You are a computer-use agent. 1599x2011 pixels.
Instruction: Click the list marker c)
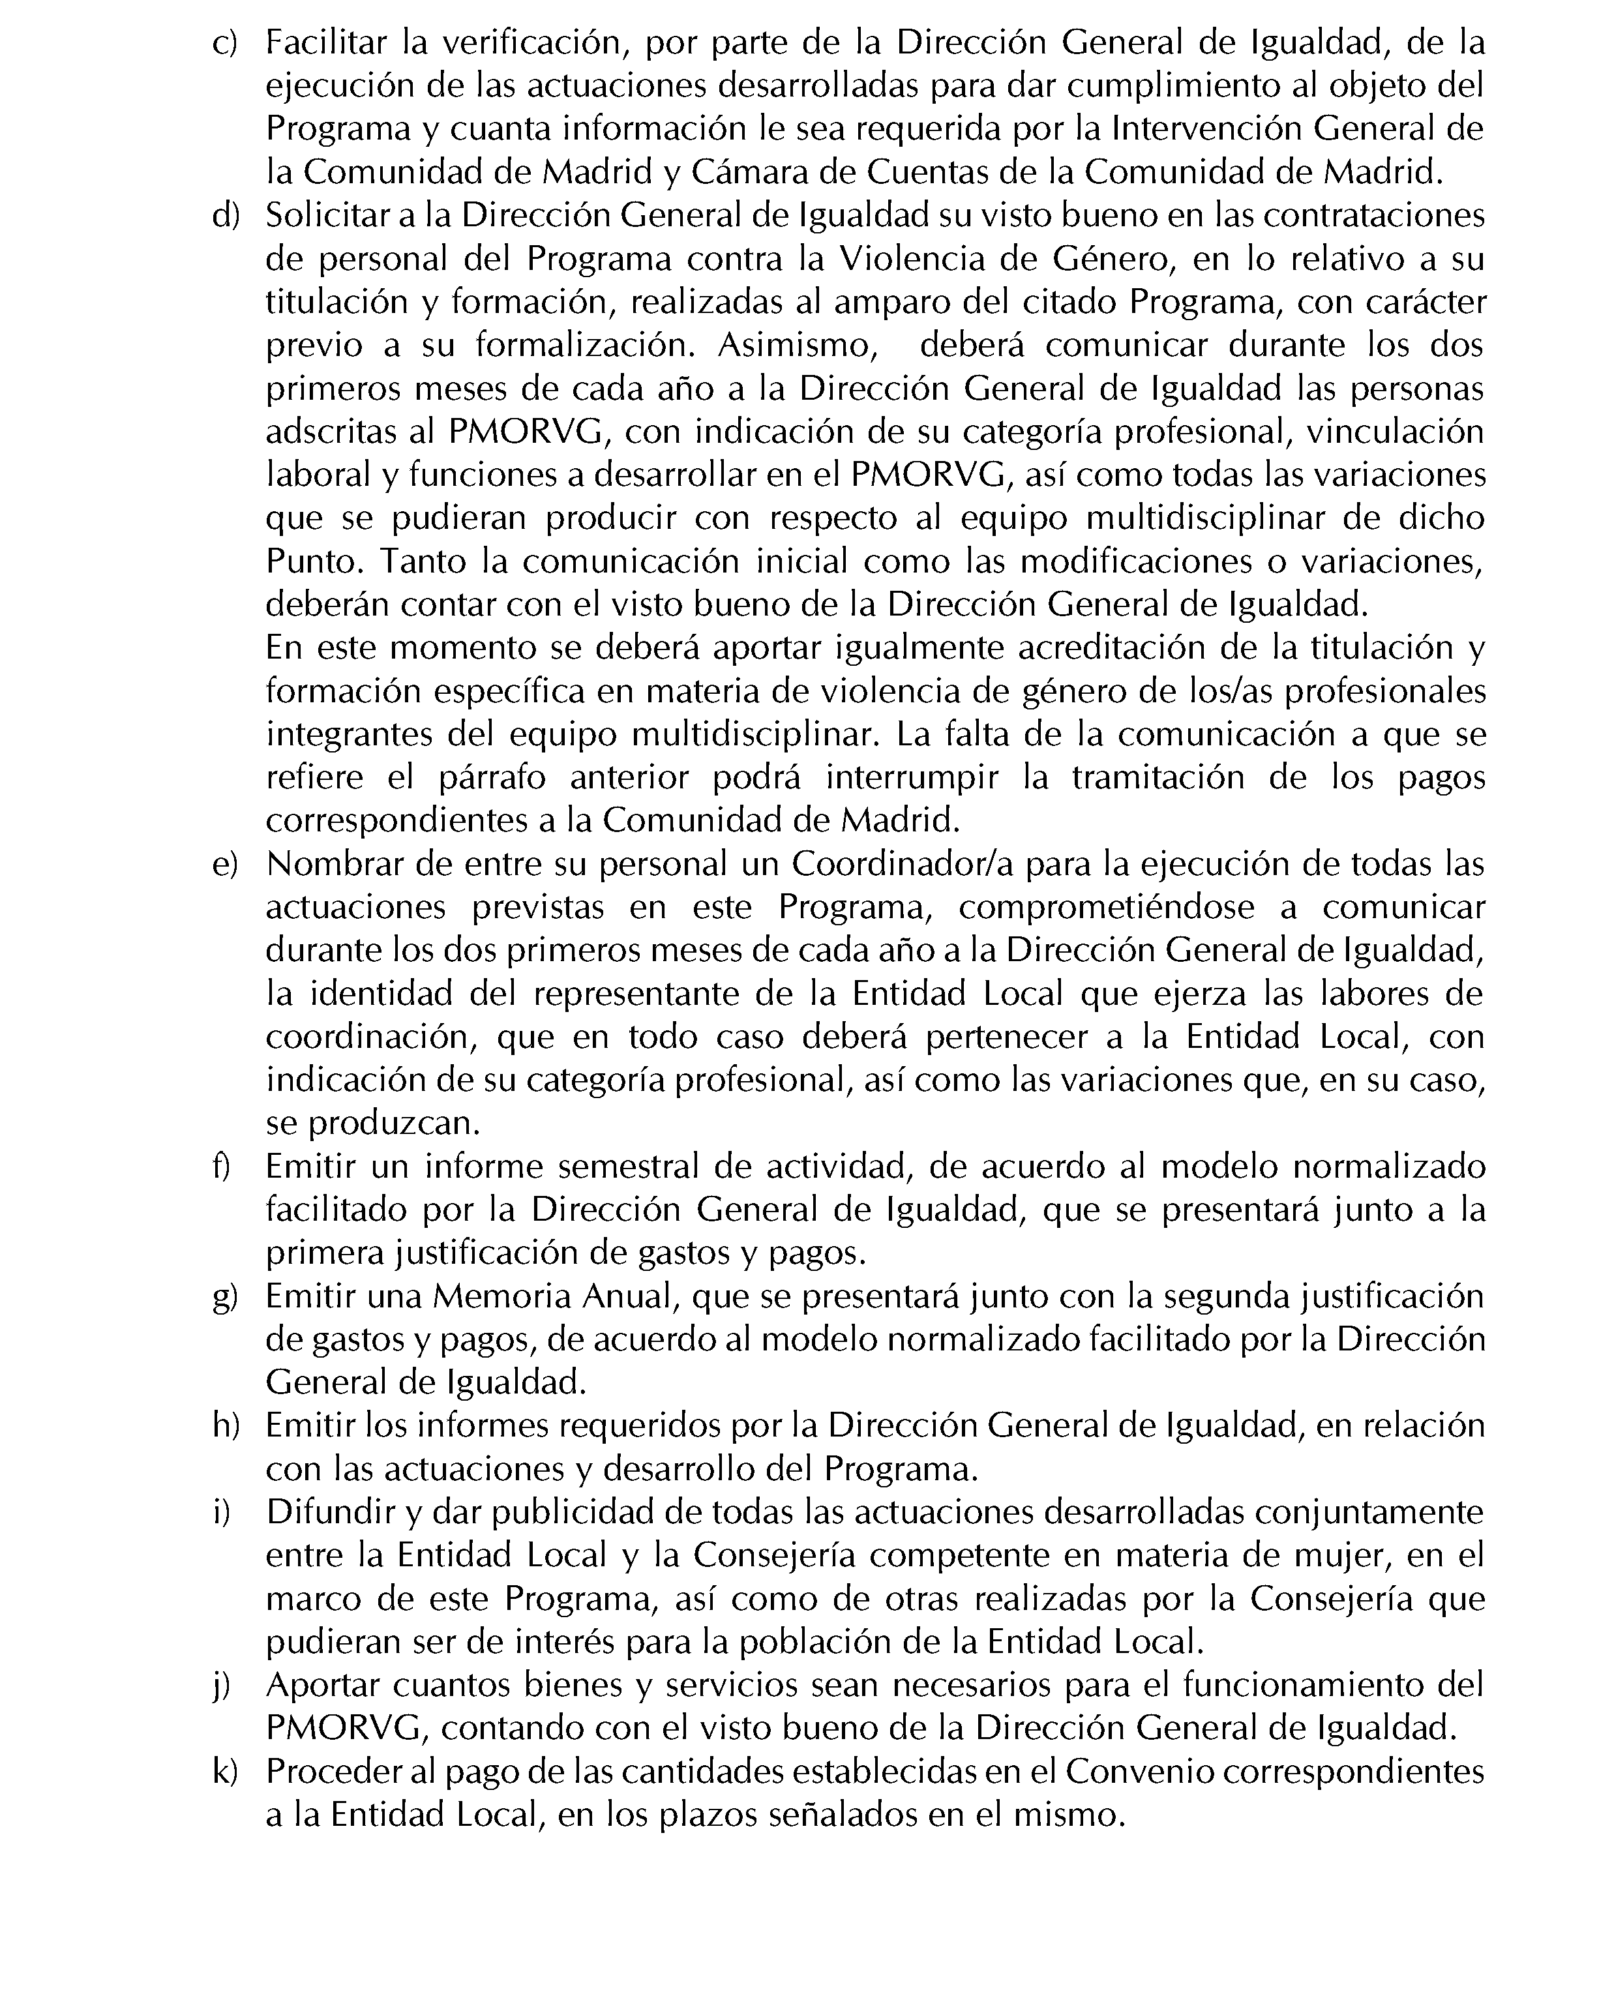(225, 44)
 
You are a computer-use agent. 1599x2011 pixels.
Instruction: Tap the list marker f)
(222, 1167)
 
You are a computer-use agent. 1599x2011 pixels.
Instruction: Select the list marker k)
(225, 1771)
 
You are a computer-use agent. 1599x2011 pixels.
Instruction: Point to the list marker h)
(226, 1426)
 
